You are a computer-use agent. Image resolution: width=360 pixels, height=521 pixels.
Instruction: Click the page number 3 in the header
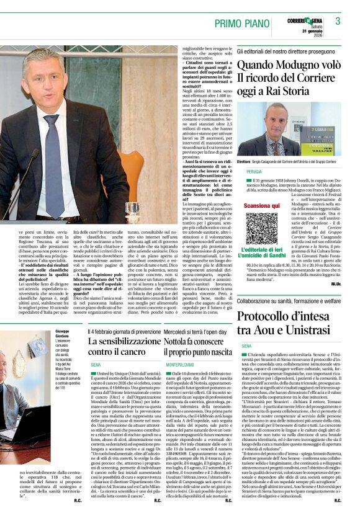(338, 21)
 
